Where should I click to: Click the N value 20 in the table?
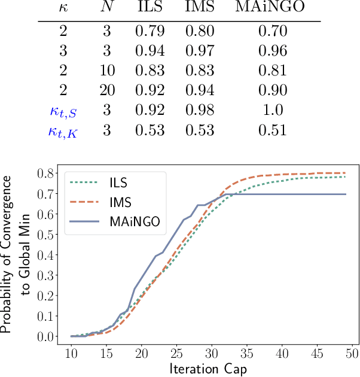coord(106,90)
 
